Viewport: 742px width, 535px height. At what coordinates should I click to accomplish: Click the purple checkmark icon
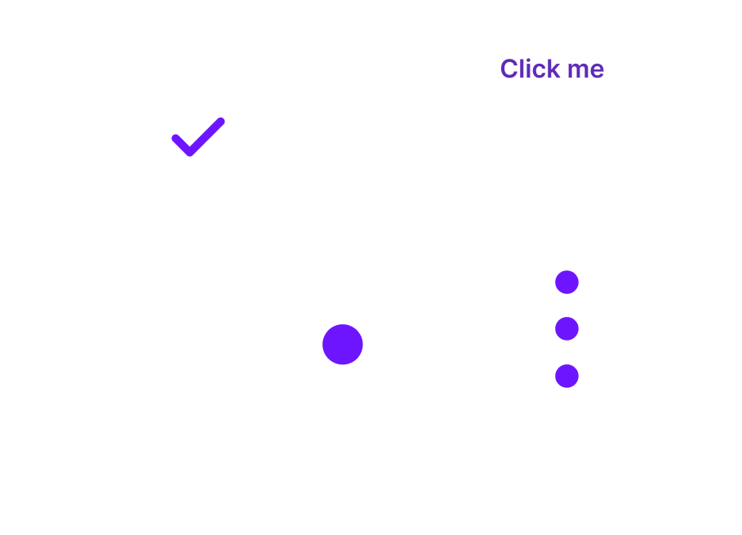(x=198, y=137)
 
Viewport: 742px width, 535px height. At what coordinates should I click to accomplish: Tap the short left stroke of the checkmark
(x=182, y=145)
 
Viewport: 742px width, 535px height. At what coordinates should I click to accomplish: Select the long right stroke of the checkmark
(x=206, y=137)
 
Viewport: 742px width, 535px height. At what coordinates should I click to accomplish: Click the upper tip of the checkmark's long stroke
(x=221, y=121)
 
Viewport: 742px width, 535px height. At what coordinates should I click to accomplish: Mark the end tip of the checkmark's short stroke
(x=175, y=138)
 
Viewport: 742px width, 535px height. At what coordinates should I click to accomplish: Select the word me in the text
(x=586, y=71)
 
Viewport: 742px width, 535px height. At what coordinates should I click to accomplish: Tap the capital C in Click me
(x=509, y=69)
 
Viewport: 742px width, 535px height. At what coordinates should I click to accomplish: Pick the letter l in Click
(x=523, y=69)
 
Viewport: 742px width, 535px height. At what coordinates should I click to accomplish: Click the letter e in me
(x=598, y=71)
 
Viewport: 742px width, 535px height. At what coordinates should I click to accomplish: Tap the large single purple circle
(x=343, y=344)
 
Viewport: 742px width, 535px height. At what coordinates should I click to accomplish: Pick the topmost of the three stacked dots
(x=567, y=282)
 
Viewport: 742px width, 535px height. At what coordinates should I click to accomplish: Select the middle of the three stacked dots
(x=567, y=328)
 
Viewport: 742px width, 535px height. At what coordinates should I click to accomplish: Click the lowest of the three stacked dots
(x=567, y=376)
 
